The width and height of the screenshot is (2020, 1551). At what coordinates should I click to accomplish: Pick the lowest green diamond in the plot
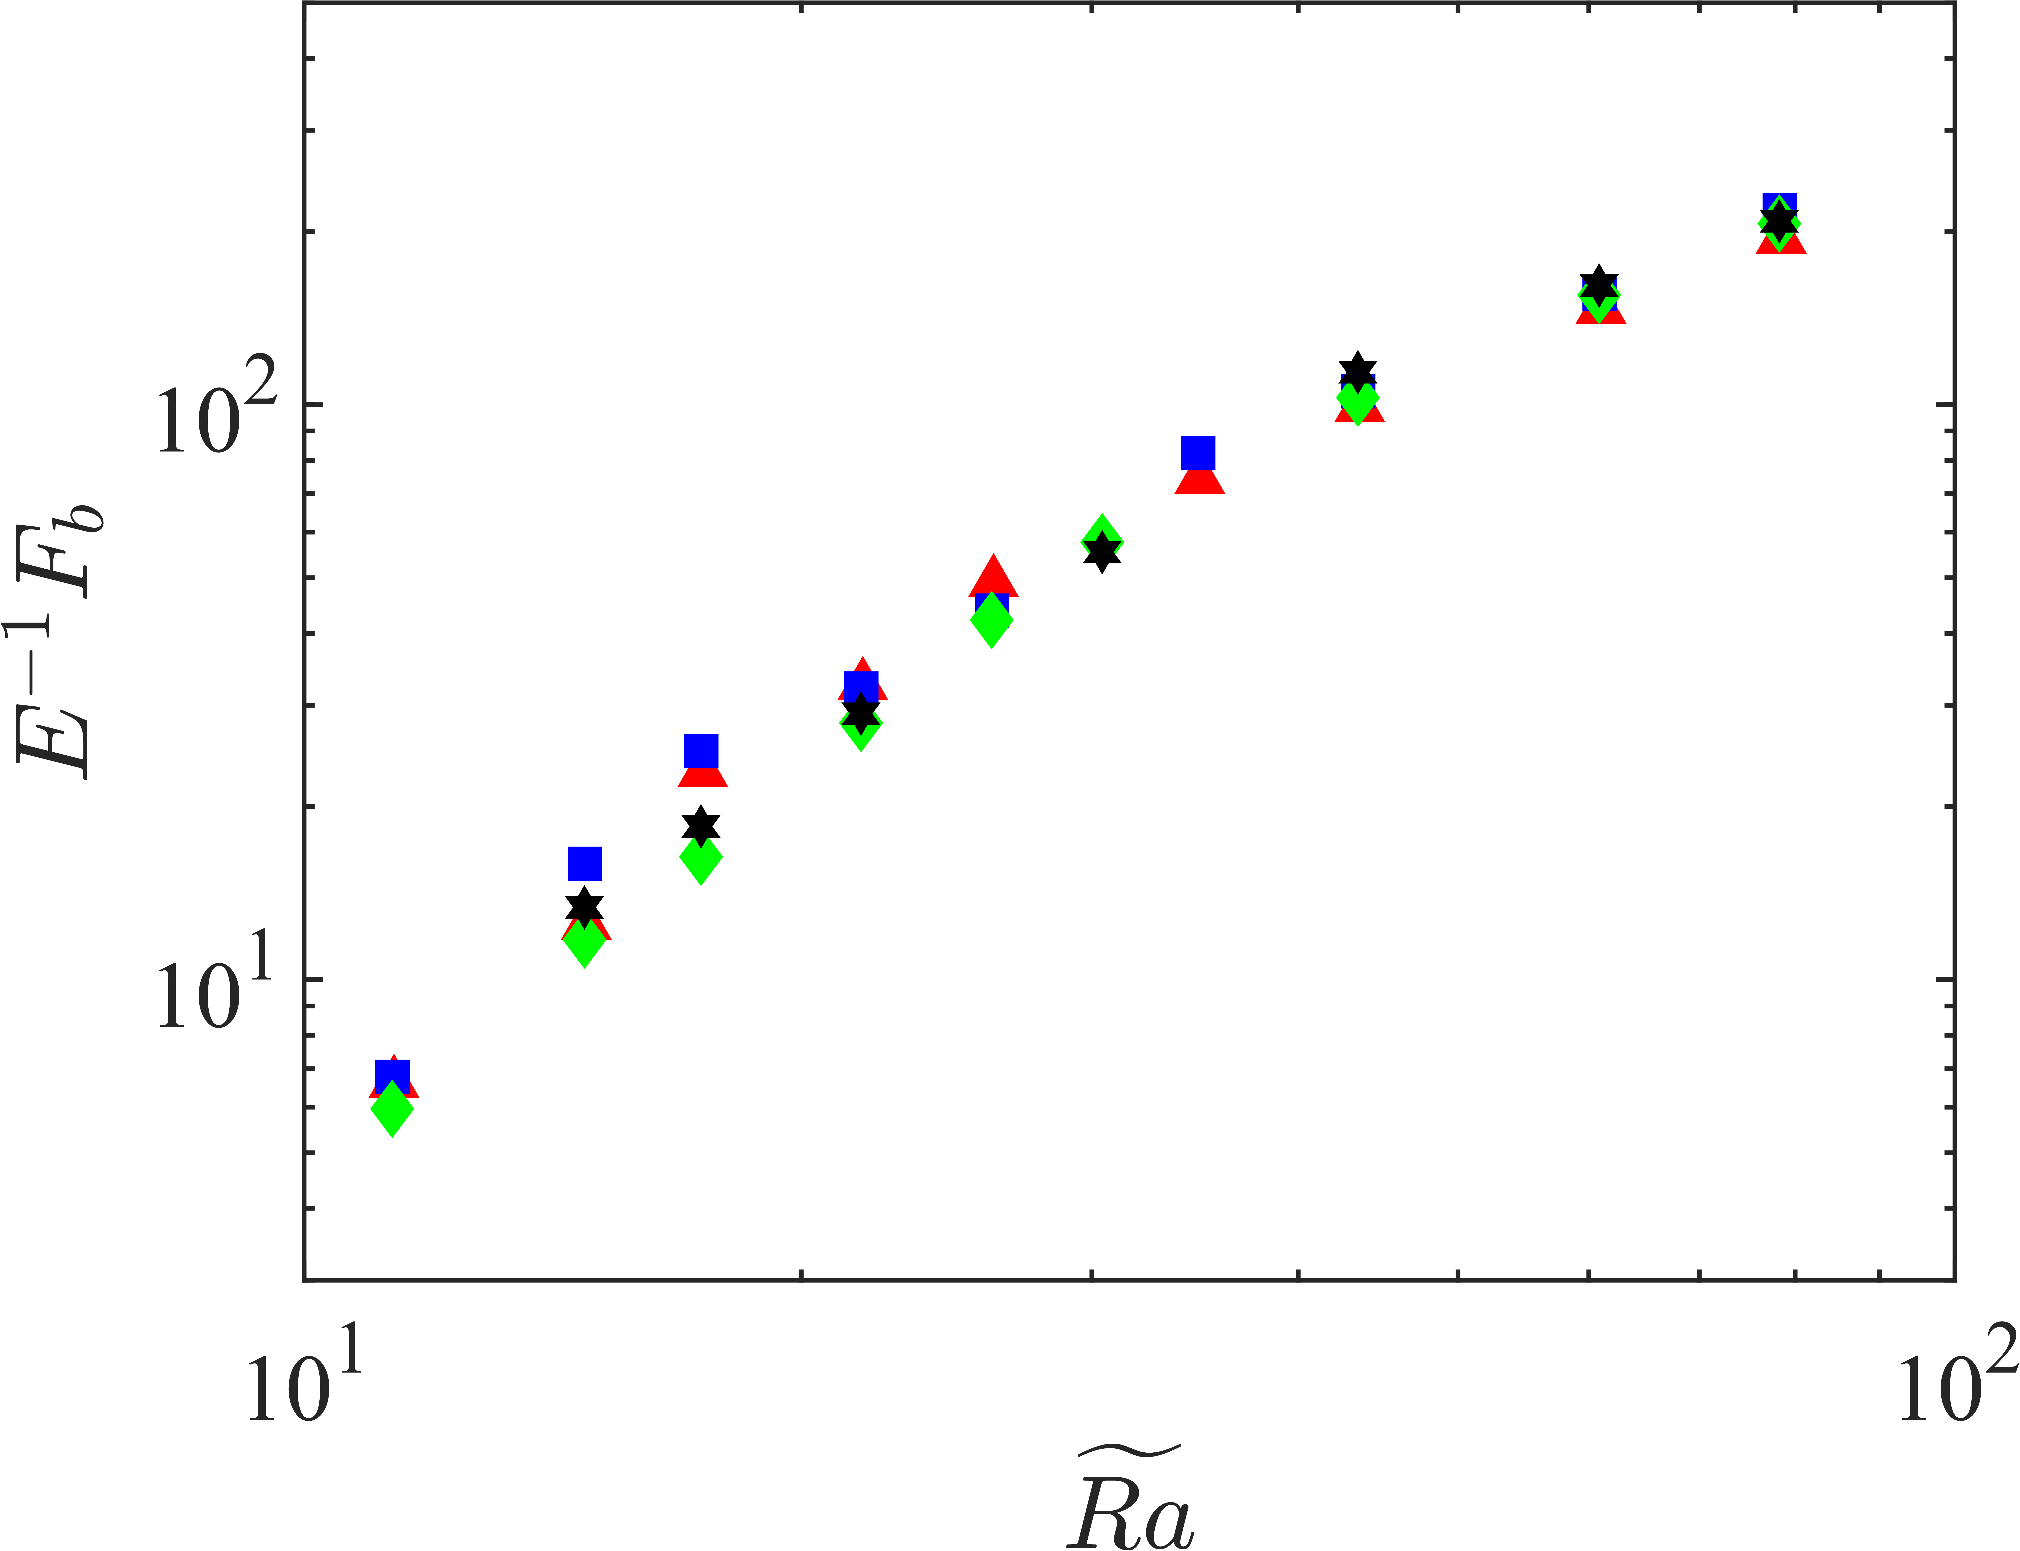[393, 1109]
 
